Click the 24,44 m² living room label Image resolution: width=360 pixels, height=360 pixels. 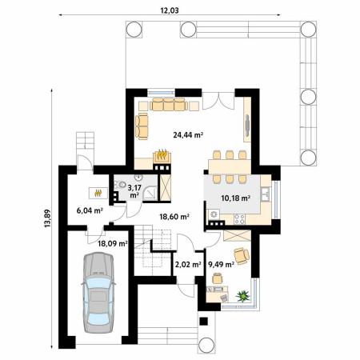(x=188, y=135)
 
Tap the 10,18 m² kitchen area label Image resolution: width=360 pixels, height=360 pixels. (x=236, y=198)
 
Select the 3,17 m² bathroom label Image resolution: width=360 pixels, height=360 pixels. (x=134, y=191)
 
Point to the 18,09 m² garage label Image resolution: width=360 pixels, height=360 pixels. (x=112, y=243)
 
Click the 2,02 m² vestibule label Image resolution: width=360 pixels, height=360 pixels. (x=188, y=265)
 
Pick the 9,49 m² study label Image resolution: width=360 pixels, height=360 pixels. (x=221, y=265)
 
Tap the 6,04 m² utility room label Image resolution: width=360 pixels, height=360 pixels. (x=90, y=210)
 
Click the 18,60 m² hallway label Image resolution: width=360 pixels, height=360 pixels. (x=174, y=217)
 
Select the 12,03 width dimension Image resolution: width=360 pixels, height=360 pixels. (x=170, y=10)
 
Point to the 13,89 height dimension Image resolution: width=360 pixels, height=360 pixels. (x=47, y=218)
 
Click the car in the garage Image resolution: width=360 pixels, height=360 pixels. (x=98, y=293)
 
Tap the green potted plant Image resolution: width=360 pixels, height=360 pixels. (x=243, y=296)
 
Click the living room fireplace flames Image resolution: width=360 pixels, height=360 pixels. (x=162, y=154)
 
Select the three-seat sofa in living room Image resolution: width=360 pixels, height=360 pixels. (x=169, y=104)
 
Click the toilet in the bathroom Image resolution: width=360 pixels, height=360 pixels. (x=120, y=185)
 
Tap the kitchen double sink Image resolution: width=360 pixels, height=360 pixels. (x=266, y=194)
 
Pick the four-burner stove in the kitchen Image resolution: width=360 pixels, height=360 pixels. (x=239, y=219)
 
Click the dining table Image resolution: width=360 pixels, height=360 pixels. (x=230, y=167)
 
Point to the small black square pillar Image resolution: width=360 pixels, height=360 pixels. (x=204, y=321)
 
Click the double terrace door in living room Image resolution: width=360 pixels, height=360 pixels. (x=218, y=101)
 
